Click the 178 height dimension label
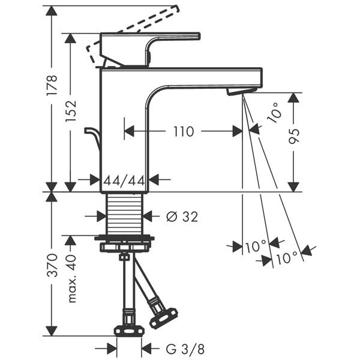click(52, 85)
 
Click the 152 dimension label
click(71, 111)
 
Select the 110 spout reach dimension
click(184, 131)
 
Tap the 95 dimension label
click(294, 136)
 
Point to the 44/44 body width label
click(124, 181)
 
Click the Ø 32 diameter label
click(182, 217)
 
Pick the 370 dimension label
click(52, 265)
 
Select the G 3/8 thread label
click(185, 349)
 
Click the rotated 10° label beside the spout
click(275, 113)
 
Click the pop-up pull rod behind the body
click(92, 139)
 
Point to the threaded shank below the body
click(124, 213)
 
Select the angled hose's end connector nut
click(164, 317)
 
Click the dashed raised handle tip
click(176, 8)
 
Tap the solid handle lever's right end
click(199, 36)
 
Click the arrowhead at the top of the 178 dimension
click(52, 11)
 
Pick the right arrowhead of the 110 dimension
click(238, 131)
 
